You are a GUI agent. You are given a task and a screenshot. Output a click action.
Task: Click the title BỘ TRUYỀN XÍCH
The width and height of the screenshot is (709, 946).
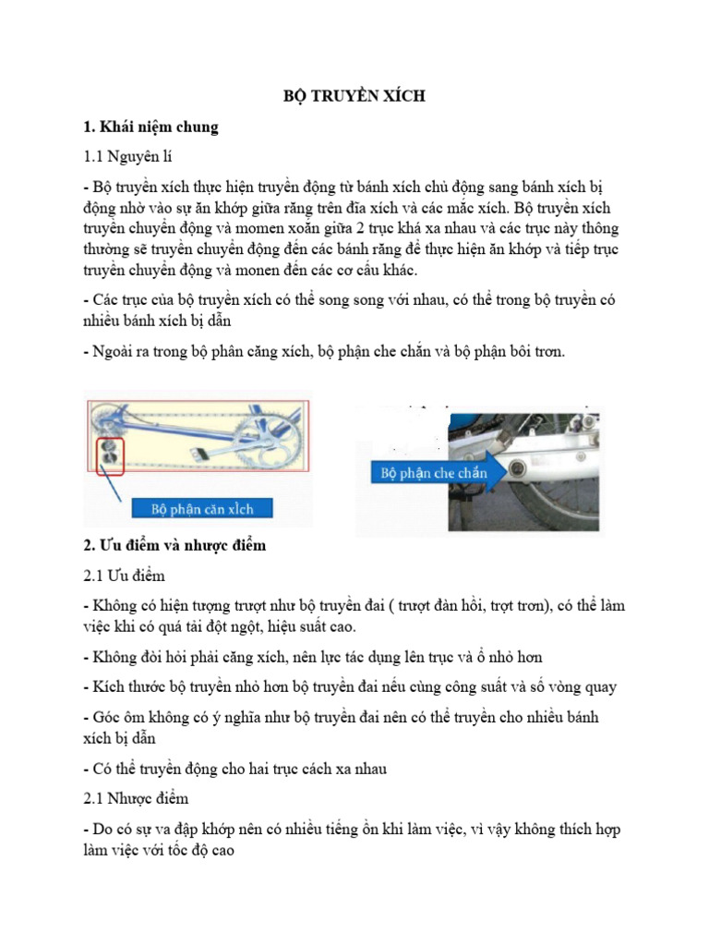point(354,96)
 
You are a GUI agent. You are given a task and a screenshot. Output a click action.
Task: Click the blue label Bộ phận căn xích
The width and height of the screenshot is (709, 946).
point(202,508)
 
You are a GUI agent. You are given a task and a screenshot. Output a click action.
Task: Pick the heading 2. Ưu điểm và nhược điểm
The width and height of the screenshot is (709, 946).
point(174,545)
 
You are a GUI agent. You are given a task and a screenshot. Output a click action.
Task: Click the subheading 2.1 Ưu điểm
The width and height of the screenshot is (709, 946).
point(124,576)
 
